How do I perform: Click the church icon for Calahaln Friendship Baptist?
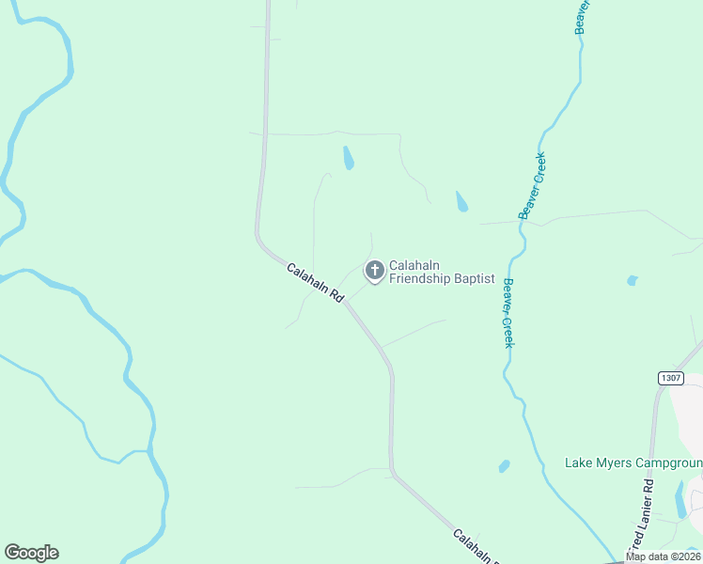374,272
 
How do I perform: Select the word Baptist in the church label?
475,279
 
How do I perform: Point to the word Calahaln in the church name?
414,266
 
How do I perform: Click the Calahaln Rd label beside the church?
315,282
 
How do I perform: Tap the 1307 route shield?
670,377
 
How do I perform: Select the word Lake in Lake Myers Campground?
578,462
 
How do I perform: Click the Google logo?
31,553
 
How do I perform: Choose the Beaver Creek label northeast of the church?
533,186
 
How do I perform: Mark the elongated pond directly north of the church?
349,158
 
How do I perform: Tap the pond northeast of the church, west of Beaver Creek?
461,201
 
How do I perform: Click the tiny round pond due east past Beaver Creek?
632,280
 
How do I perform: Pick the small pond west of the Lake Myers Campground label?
505,466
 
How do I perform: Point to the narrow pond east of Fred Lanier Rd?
680,499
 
